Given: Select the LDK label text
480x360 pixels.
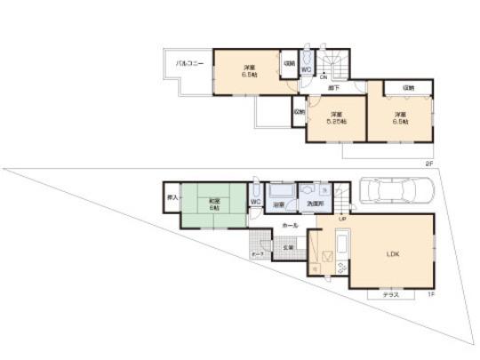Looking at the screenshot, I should click(393, 253).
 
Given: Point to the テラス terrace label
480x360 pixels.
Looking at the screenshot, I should click(390, 294).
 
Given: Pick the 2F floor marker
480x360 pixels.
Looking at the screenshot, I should click(428, 164).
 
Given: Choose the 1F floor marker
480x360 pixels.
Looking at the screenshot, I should click(430, 294).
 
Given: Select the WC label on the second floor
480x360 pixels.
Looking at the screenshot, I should click(305, 69).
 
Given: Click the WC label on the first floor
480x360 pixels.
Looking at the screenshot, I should click(255, 202).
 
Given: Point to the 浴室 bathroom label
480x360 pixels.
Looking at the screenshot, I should click(278, 204).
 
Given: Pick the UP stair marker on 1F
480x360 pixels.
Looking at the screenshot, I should click(342, 218).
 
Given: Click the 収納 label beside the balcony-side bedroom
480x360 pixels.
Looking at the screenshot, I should click(289, 63).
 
